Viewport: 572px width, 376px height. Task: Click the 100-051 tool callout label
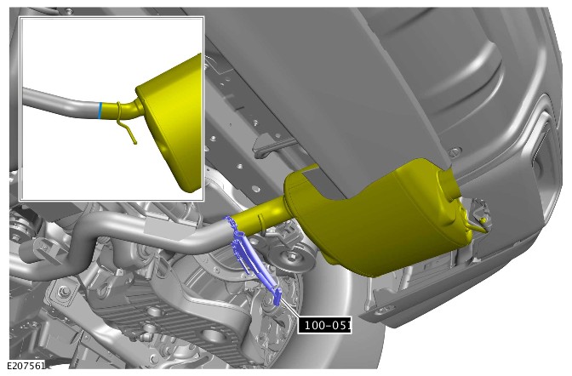point(324,325)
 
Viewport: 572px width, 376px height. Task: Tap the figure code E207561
point(26,365)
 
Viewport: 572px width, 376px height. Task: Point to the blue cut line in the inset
point(100,111)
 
